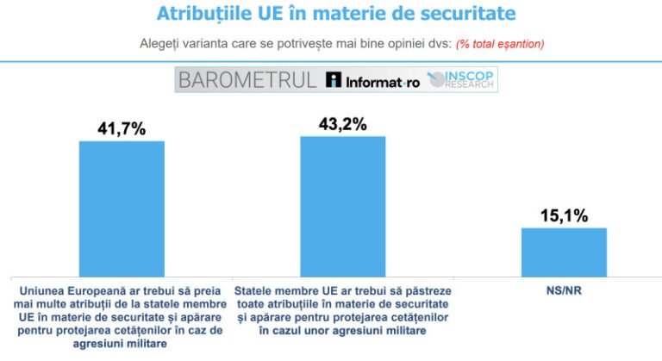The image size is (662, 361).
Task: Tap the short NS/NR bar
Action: pos(564,252)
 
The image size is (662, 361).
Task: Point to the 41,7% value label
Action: pos(122,129)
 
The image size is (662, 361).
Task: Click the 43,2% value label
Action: pos(342,123)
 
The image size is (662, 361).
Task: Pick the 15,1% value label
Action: pos(564,215)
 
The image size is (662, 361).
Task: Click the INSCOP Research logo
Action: pos(463,80)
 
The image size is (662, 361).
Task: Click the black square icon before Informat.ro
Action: pos(334,81)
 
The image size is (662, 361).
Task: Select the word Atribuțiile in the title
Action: pos(206,15)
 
